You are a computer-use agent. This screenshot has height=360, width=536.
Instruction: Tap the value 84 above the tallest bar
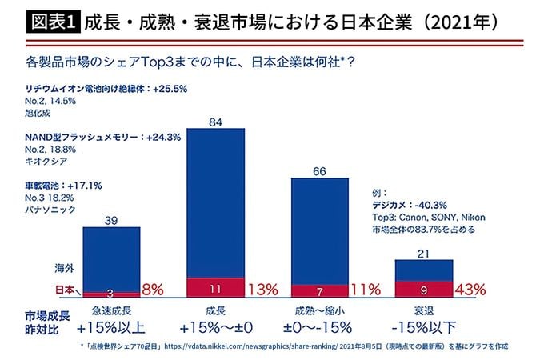click(x=214, y=122)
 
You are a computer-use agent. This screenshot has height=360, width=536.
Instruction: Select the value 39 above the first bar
click(x=111, y=220)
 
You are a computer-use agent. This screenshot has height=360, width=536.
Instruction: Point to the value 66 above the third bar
click(x=318, y=171)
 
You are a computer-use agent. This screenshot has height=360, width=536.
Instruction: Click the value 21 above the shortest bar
click(x=423, y=254)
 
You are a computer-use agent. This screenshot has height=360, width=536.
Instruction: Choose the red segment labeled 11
click(x=214, y=289)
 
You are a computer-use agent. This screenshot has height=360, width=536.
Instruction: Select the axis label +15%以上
click(x=112, y=326)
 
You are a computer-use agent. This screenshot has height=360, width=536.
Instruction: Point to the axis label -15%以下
click(x=423, y=326)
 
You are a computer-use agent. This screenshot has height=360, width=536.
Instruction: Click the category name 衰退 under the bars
click(x=423, y=310)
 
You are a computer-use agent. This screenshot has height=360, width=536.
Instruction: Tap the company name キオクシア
click(x=47, y=160)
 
